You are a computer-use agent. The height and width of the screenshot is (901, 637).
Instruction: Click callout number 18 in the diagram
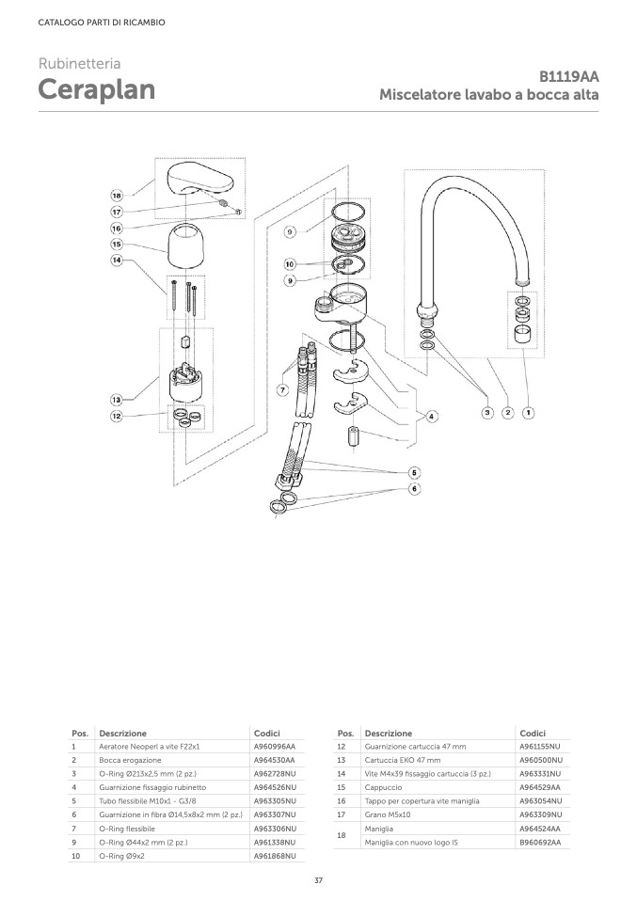click(x=117, y=196)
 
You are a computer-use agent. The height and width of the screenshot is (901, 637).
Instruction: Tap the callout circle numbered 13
click(x=117, y=400)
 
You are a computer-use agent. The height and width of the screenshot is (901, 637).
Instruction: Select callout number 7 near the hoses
click(x=282, y=390)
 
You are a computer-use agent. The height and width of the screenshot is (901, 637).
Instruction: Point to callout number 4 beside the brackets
click(x=431, y=416)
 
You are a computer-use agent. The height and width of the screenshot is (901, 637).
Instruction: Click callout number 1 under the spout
click(x=528, y=412)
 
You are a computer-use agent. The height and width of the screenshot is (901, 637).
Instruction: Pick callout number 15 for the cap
click(x=117, y=245)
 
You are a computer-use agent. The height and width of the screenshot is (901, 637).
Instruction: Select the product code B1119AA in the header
click(x=568, y=76)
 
